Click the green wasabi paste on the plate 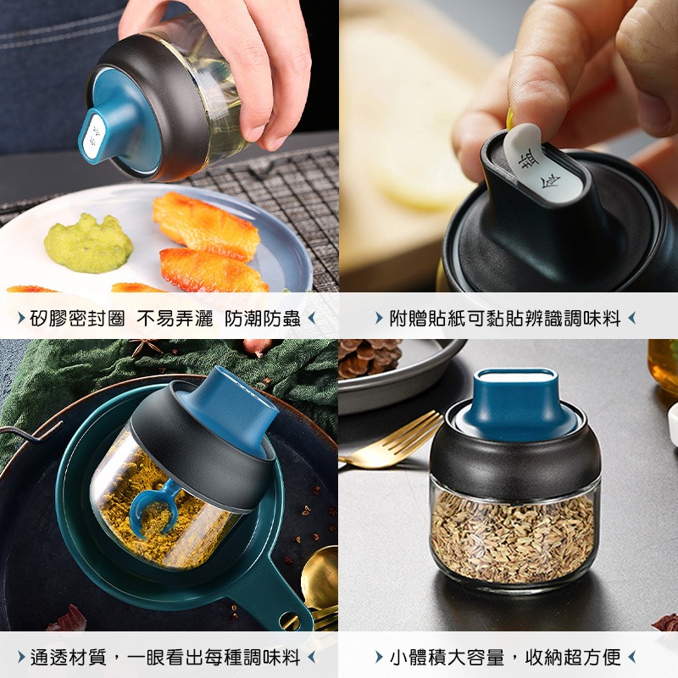pos(88,243)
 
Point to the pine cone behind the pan pos(370,358)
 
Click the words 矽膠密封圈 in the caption pos(77,320)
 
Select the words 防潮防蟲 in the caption pos(263,320)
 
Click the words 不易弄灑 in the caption pos(175,320)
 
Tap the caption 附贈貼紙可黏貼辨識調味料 pos(505,320)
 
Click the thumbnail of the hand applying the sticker pos(508,146)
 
